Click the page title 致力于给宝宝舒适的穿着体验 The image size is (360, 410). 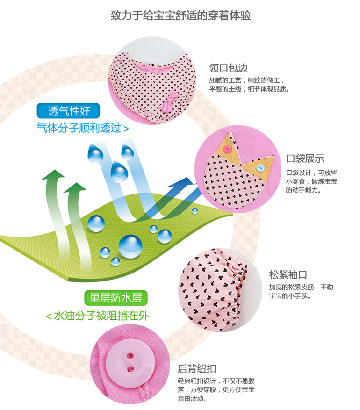[x=180, y=15]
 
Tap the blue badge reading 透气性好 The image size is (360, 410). [x=69, y=111]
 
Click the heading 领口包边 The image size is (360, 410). [x=228, y=68]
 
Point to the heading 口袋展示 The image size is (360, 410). [x=305, y=158]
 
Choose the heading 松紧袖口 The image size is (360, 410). [x=288, y=274]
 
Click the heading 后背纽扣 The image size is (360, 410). [x=197, y=369]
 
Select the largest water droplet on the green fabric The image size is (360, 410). [x=130, y=246]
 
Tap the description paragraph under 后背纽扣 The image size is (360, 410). [x=216, y=389]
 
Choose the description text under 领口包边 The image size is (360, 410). [x=249, y=85]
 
